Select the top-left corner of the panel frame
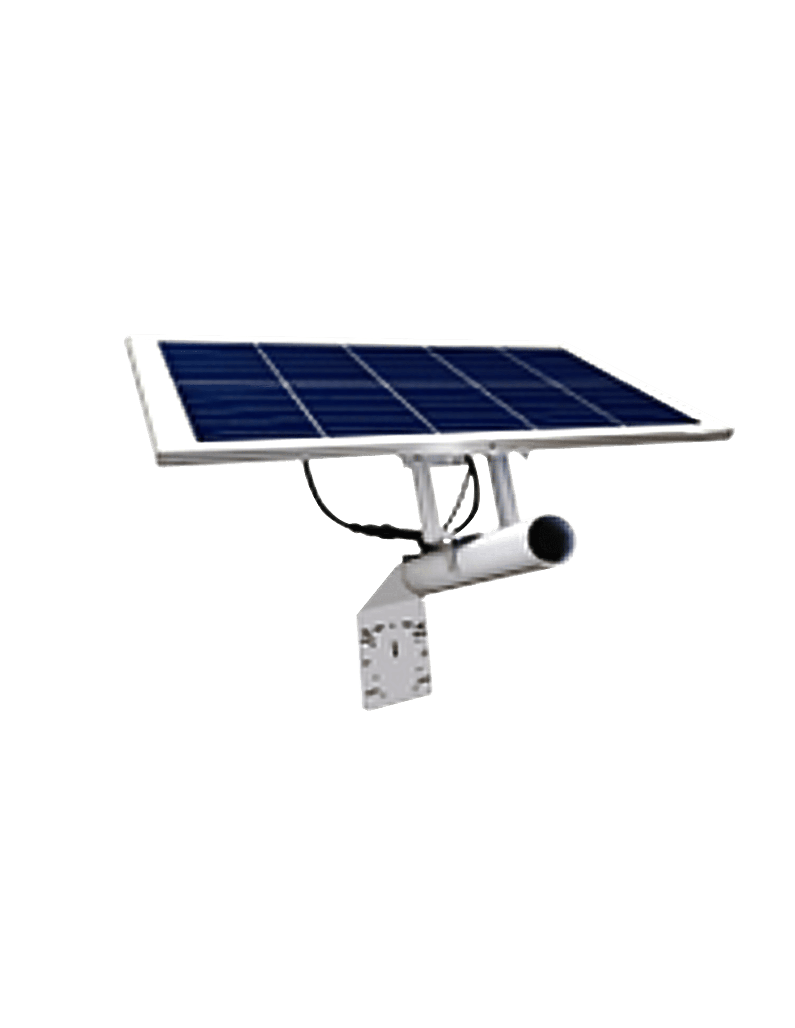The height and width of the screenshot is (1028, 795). [129, 339]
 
